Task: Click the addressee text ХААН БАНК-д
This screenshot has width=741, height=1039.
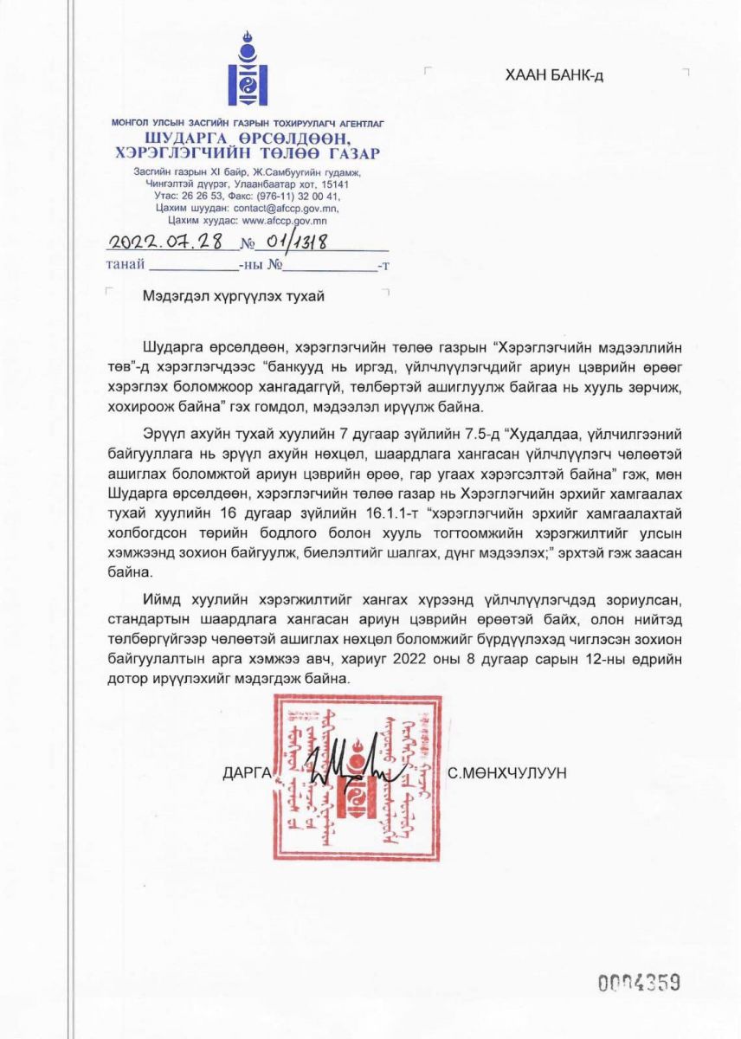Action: pyautogui.click(x=554, y=75)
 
